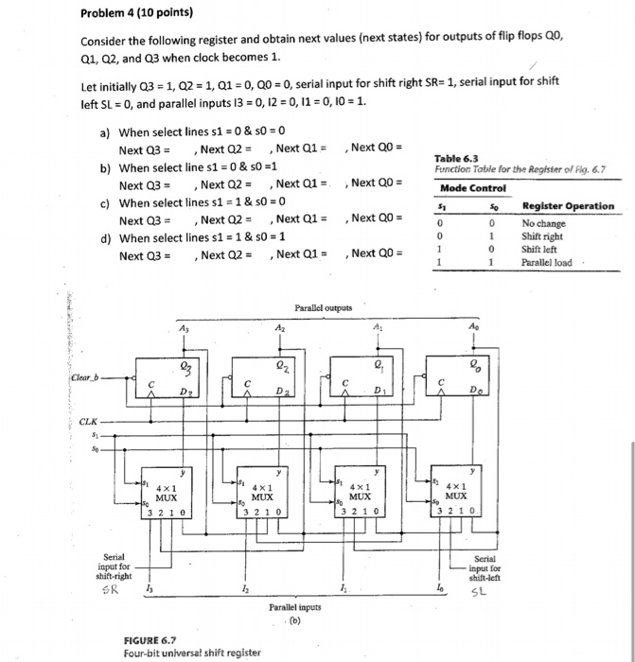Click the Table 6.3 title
454,159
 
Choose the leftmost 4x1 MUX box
167,493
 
